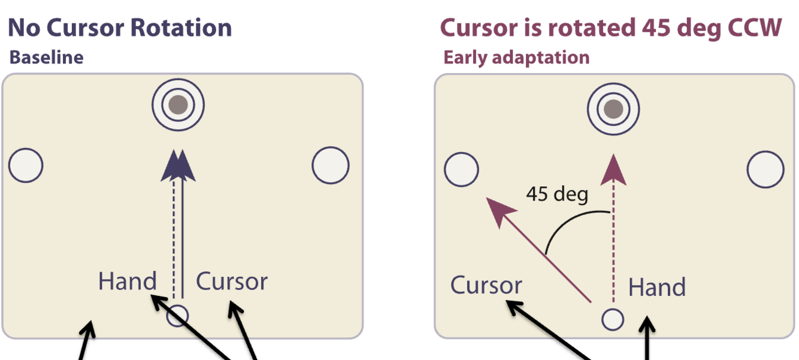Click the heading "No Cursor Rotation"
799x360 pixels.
[x=120, y=28]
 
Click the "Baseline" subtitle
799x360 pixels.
[x=46, y=58]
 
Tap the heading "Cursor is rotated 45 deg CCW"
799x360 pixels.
[x=611, y=28]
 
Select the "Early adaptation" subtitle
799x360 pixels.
[x=516, y=58]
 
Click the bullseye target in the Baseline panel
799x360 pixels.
[x=178, y=105]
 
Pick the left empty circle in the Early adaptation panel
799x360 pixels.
[x=461, y=170]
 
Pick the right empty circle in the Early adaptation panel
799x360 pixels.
[x=765, y=170]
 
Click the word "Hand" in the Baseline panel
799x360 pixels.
[x=127, y=281]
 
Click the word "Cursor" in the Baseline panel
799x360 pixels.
[x=232, y=281]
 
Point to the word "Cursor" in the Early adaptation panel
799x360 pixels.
[x=486, y=286]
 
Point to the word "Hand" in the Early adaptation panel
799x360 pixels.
[x=656, y=288]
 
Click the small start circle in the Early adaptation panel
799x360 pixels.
[x=613, y=319]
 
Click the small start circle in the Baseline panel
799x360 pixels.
[x=177, y=315]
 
